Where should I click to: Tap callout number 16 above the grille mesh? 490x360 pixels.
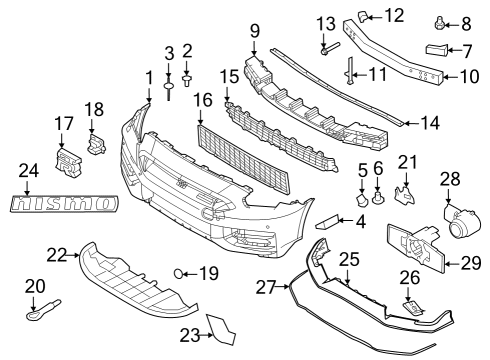coord(204,100)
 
